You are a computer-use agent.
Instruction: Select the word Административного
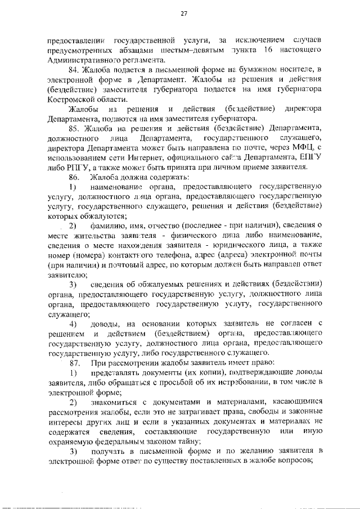pyautogui.click(x=83, y=59)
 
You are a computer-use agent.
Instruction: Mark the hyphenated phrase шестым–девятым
pyautogui.click(x=193, y=49)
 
